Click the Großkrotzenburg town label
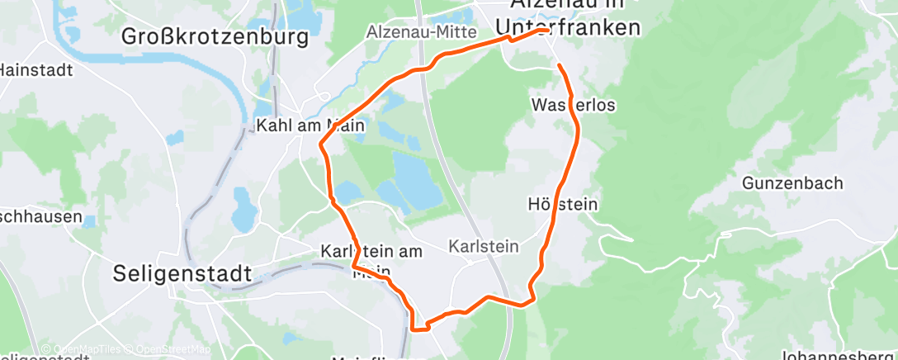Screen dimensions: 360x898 tap(215, 37)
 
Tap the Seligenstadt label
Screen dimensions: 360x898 tap(182, 273)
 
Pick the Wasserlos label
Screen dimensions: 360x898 tap(574, 106)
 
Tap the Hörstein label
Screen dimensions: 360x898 tap(562, 203)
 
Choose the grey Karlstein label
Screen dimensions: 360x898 tap(483, 246)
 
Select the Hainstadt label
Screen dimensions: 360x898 tap(36, 70)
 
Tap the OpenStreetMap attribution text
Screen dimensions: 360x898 tap(173, 349)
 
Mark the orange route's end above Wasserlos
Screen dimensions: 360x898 tap(560, 65)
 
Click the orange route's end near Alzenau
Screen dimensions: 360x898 tap(548, 31)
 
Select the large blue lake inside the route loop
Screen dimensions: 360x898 tap(417, 181)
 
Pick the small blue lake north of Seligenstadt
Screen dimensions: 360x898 tap(244, 210)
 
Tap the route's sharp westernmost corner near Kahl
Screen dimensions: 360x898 tap(320, 147)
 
